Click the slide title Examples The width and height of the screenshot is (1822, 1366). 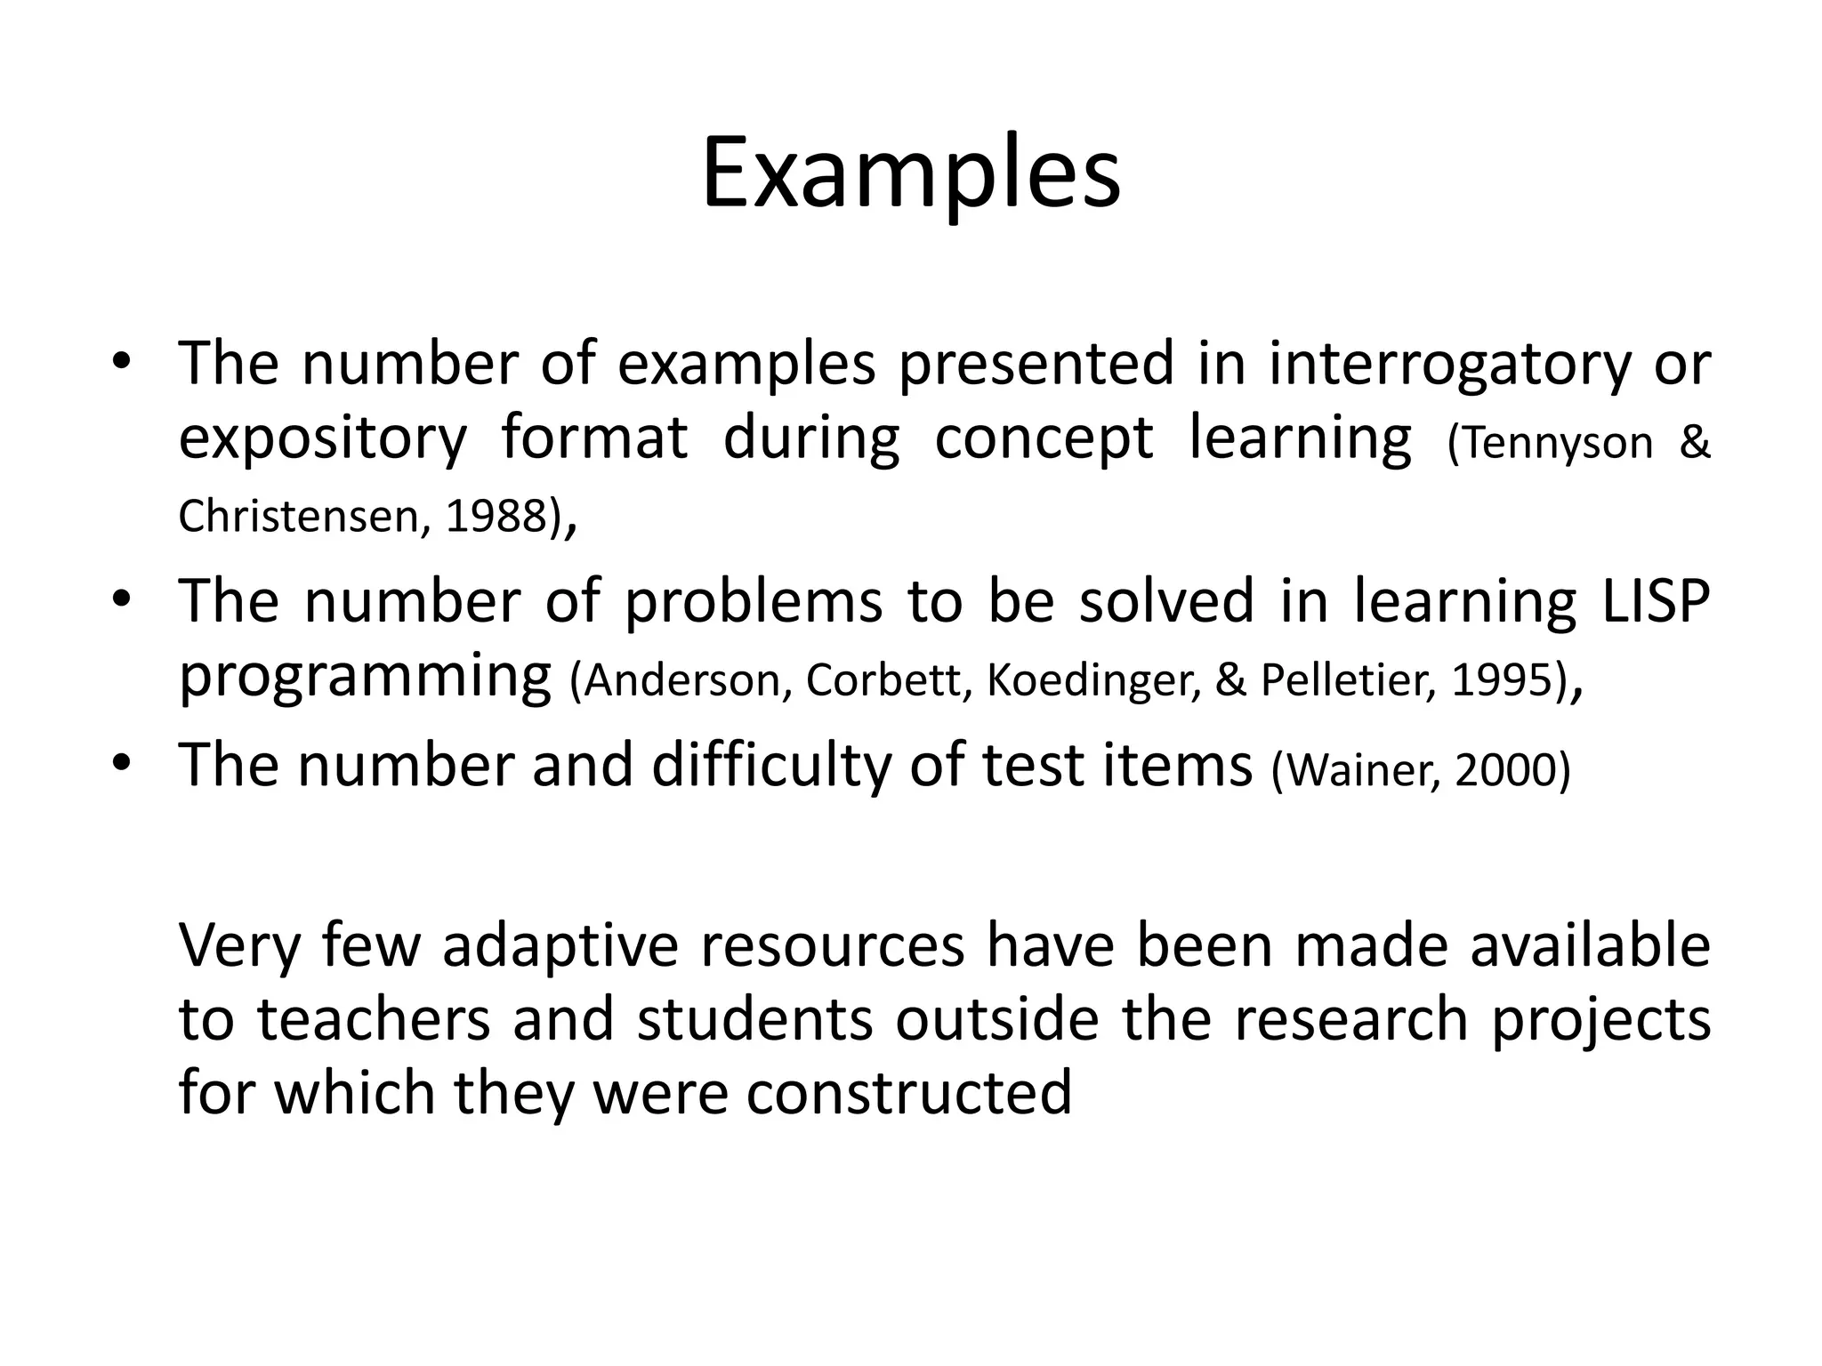click(910, 175)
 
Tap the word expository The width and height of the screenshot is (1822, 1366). click(322, 439)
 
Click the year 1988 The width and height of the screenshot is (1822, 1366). click(496, 517)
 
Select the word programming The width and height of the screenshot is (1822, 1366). click(365, 678)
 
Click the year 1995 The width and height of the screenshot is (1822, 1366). click(1502, 680)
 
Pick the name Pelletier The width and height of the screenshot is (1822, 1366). click(1348, 680)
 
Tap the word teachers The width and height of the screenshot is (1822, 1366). click(375, 1020)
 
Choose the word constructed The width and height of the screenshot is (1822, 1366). click(908, 1093)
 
